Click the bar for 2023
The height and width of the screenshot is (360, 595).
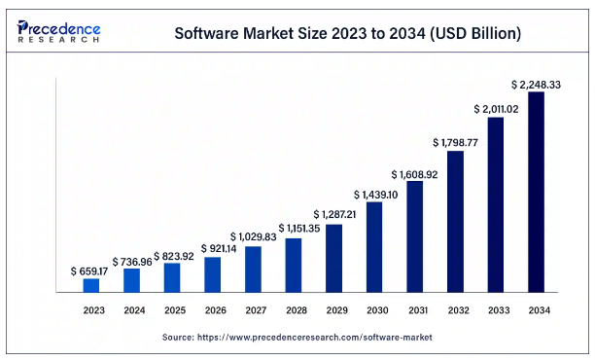(90, 285)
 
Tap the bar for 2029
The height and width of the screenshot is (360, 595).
(333, 258)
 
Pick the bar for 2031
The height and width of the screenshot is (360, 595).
(414, 236)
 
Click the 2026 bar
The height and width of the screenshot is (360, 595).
(212, 273)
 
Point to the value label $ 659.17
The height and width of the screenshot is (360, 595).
(90, 270)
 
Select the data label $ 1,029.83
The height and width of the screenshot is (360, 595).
(253, 236)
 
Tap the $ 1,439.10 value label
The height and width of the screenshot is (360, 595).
(374, 195)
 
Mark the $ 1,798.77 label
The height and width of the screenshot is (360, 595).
(455, 143)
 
